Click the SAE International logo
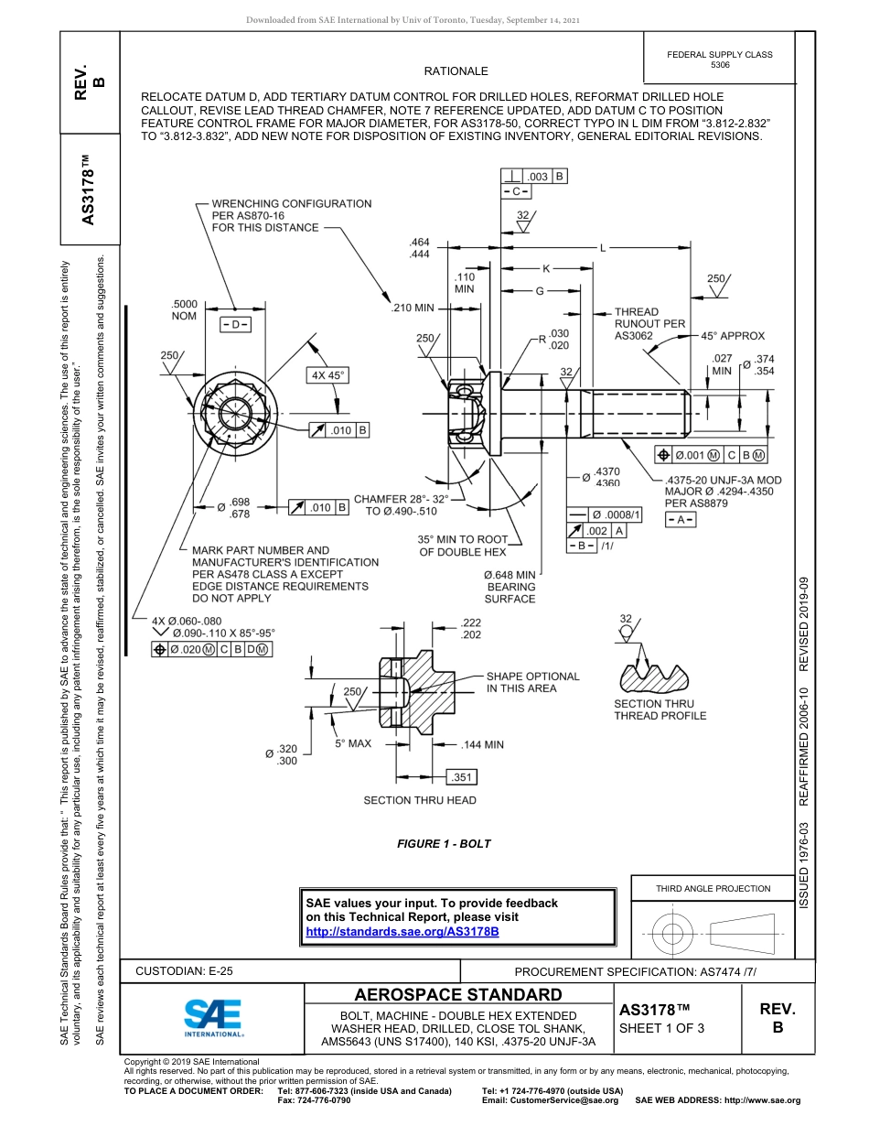pyautogui.click(x=213, y=1017)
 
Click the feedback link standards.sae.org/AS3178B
pyautogui.click(x=402, y=931)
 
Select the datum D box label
pyautogui.click(x=235, y=325)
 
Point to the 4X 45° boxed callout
pyautogui.click(x=328, y=375)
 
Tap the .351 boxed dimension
pyautogui.click(x=462, y=777)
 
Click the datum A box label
pyautogui.click(x=681, y=519)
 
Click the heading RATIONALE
pyautogui.click(x=456, y=71)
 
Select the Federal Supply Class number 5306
pyautogui.click(x=720, y=65)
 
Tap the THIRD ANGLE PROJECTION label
pyautogui.click(x=713, y=888)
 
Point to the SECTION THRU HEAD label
pyautogui.click(x=419, y=800)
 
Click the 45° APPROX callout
pyautogui.click(x=733, y=336)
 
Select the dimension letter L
pyautogui.click(x=604, y=247)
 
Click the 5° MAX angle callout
pyautogui.click(x=353, y=743)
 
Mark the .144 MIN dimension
pyautogui.click(x=482, y=744)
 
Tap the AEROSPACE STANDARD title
pyautogui.click(x=458, y=994)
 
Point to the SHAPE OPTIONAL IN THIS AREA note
pyautogui.click(x=532, y=682)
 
